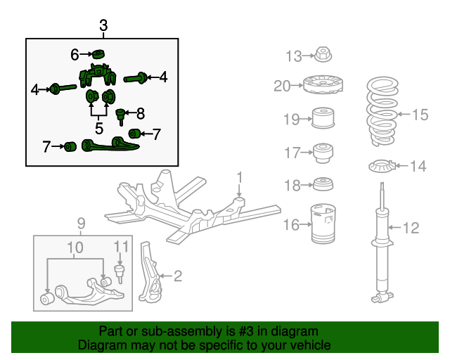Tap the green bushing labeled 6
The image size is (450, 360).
click(x=98, y=54)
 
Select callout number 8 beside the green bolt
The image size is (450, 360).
click(x=140, y=112)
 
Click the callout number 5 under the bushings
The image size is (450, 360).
click(x=99, y=129)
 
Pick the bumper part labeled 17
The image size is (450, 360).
click(x=324, y=151)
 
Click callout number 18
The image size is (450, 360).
click(x=292, y=185)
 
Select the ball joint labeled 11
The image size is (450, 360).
click(x=119, y=271)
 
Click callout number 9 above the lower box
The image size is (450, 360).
click(x=80, y=224)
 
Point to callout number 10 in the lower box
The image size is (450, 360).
click(x=75, y=247)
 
